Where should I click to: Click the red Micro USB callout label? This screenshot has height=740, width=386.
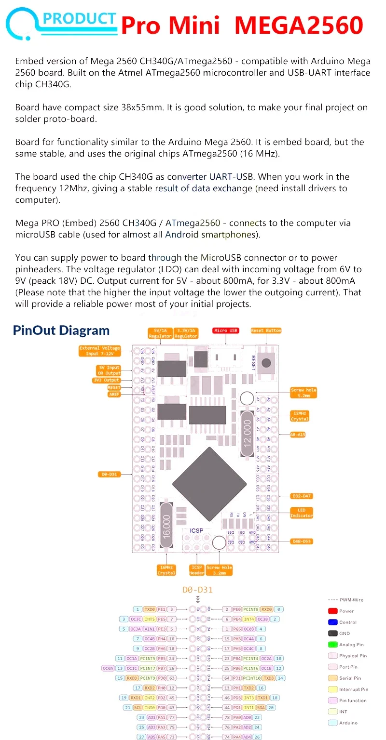point(226,330)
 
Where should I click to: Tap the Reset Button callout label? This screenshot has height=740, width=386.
point(266,330)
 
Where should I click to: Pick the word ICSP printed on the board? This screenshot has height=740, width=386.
point(196,531)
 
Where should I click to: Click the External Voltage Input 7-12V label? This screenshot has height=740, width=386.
point(99,351)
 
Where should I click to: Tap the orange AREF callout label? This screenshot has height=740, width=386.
point(114,394)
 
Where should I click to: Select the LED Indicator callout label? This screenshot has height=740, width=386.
point(302,513)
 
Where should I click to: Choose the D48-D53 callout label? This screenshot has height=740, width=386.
point(302,541)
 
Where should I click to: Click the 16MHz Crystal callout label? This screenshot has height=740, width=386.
point(166,570)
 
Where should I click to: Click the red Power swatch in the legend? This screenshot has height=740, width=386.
point(332,611)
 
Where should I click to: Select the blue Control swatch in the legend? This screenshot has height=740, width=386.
point(332,622)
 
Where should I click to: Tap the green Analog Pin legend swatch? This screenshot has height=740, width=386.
point(332,644)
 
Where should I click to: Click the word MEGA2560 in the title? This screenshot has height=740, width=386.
point(299,25)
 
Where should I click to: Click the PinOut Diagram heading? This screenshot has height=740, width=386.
point(61,330)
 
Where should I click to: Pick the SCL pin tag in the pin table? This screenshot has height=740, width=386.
point(138,707)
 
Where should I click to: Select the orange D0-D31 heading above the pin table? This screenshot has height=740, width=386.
point(197,590)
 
